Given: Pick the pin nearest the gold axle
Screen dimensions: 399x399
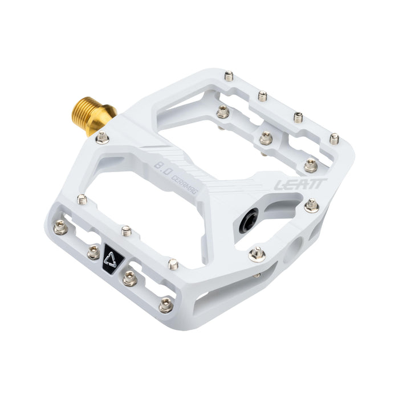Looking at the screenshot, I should point(103,137).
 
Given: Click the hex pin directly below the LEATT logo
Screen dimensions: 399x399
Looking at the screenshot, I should point(311,205).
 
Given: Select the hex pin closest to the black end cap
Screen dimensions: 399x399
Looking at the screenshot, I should point(257,254).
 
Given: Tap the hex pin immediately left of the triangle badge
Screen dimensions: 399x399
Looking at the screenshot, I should point(93,253).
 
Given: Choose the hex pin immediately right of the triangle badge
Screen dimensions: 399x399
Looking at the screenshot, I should point(129,278).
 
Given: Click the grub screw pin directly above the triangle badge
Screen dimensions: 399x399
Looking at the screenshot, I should point(127,230).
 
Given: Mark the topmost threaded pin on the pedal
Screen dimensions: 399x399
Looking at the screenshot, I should point(229,75).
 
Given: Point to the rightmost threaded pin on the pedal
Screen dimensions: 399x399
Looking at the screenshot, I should point(334,139).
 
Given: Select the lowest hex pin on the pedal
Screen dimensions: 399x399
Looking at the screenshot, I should point(166,305).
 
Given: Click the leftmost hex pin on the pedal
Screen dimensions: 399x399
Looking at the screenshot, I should point(60,228).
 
